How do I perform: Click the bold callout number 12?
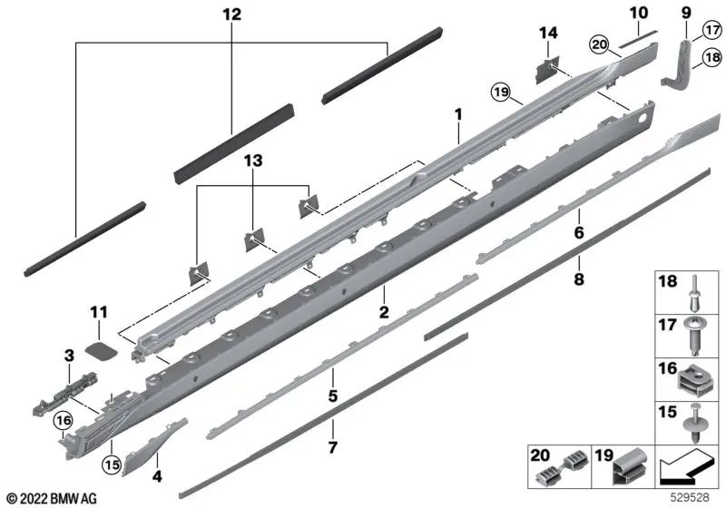231,15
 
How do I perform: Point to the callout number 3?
67,352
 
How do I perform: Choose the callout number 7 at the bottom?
332,448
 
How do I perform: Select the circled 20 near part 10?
597,44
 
